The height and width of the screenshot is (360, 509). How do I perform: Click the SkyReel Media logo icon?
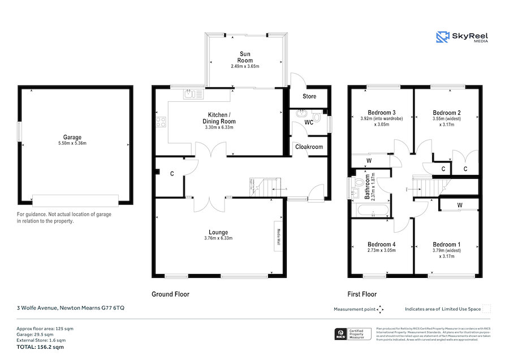442,37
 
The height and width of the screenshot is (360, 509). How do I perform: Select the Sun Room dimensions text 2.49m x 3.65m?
244,66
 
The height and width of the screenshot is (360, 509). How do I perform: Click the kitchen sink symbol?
193,95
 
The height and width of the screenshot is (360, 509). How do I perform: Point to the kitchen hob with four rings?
161,121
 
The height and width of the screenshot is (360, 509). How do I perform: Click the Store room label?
309,96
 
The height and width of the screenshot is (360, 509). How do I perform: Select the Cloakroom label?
309,147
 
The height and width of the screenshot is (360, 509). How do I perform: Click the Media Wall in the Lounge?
278,234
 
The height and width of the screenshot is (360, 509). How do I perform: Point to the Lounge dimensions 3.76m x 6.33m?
218,238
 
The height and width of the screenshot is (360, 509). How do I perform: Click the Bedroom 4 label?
381,244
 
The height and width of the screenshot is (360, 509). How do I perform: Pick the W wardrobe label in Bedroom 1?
459,204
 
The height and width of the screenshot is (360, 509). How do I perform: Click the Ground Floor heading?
170,294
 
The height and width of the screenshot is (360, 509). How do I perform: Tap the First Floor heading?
362,294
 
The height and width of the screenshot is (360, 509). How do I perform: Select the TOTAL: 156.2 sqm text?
40,347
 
